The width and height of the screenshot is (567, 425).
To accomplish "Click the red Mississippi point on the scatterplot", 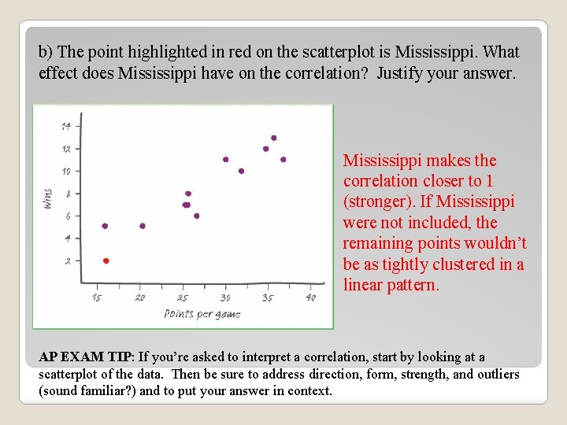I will [x=106, y=261].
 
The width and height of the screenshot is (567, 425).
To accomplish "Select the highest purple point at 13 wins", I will [x=273, y=138].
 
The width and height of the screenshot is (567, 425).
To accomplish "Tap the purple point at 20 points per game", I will [x=143, y=226].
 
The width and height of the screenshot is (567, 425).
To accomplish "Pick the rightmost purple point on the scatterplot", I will [x=283, y=159].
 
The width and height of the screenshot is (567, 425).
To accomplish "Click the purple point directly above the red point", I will [x=105, y=226].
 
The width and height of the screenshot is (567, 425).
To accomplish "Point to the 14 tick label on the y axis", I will [x=66, y=126].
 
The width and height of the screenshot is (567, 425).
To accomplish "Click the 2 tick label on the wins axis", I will [x=68, y=261].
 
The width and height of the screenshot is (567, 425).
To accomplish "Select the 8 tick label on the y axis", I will [x=68, y=194].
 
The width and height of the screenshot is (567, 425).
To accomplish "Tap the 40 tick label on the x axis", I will [x=310, y=297].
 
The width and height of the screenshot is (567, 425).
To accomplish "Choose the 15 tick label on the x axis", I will [x=97, y=297].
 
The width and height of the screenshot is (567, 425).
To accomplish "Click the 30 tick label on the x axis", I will [x=225, y=297].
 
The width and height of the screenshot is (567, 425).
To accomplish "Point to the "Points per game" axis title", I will [x=202, y=314].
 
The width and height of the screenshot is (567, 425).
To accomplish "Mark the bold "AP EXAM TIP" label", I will [x=84, y=357].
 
